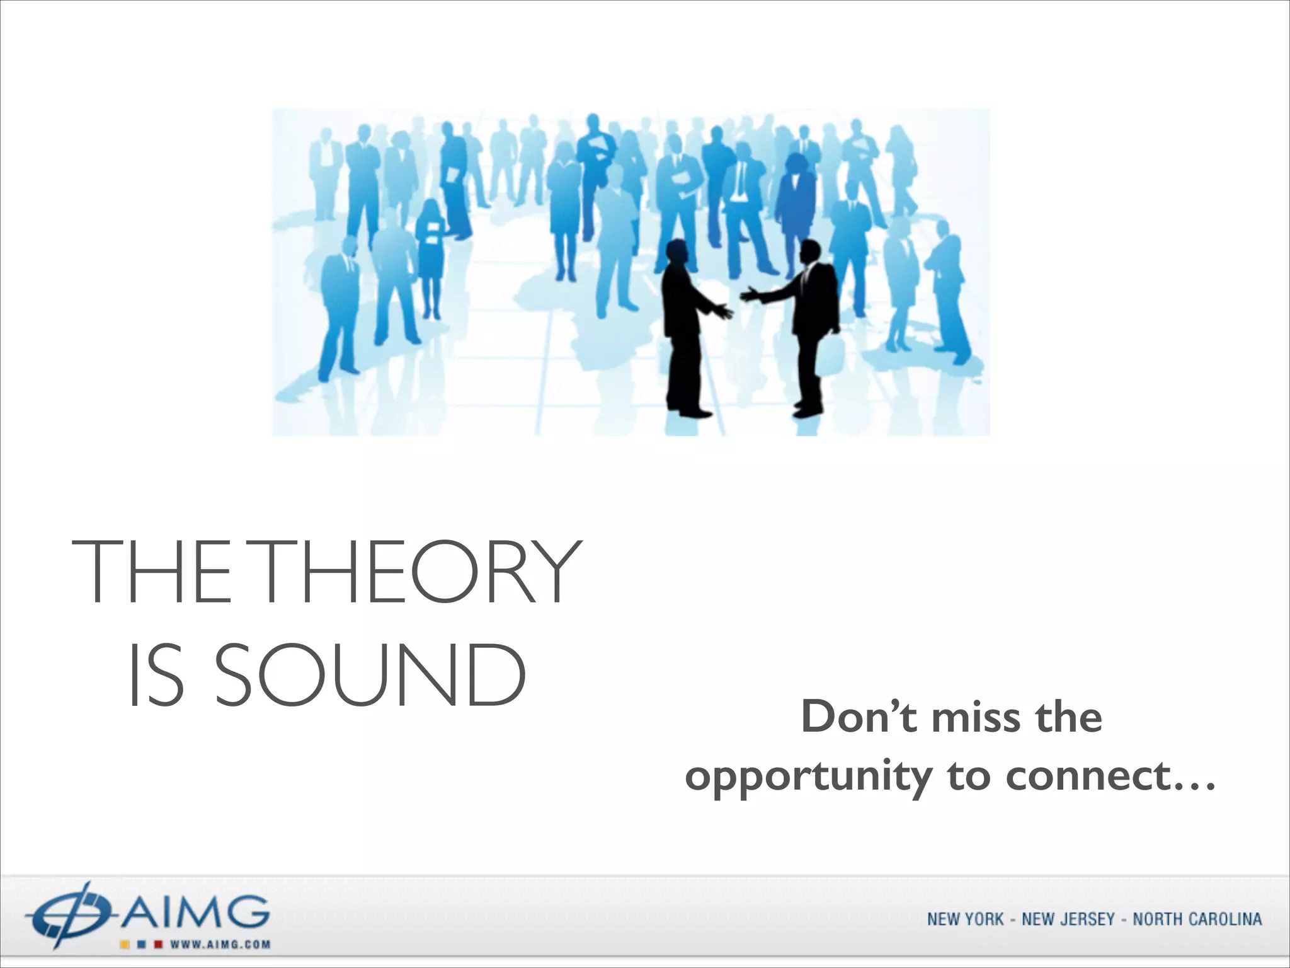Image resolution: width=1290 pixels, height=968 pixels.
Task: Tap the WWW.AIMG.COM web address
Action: pos(220,945)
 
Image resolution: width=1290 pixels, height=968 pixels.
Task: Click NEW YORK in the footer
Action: pos(965,919)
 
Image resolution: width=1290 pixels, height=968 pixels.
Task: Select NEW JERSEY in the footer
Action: pos(1068,919)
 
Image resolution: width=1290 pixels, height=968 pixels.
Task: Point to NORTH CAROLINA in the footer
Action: pos(1197,919)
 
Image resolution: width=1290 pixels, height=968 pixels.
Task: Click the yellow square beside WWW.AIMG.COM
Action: pos(125,945)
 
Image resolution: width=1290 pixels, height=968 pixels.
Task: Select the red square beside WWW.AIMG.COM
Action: pos(159,945)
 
